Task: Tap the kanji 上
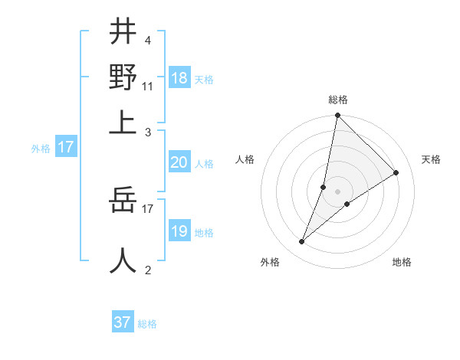coord(123,123)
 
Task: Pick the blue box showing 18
coord(179,78)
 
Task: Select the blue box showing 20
coord(179,162)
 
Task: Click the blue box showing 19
coord(179,231)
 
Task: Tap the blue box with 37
coord(123,322)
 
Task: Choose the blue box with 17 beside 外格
coord(65,147)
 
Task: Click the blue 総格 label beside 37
coord(147,324)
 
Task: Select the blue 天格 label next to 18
coord(204,80)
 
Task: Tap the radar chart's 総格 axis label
coord(338,100)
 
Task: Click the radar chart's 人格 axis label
coord(245,159)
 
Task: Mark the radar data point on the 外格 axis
coord(302,242)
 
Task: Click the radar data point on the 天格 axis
coord(396,172)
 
